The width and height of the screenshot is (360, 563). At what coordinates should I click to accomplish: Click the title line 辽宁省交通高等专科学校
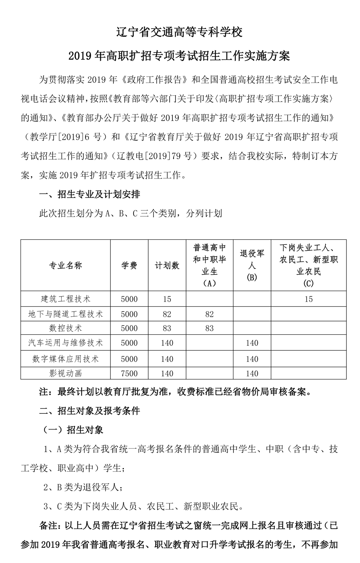[179, 32]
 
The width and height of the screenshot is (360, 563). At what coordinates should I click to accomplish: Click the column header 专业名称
[66, 266]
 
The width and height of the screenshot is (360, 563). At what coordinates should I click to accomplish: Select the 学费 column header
[129, 266]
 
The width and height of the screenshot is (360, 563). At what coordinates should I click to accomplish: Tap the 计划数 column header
[167, 266]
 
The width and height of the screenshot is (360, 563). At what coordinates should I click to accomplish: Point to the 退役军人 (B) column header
[252, 265]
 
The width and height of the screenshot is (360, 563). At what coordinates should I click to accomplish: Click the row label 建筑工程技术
[66, 299]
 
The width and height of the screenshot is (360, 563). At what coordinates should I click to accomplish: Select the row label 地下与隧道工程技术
[66, 314]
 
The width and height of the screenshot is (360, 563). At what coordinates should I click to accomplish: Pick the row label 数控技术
[66, 328]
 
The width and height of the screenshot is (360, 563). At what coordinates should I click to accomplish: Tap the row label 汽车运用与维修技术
[66, 343]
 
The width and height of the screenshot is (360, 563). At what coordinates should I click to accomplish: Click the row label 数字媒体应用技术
[66, 359]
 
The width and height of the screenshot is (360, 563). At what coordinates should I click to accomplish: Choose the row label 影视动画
[66, 374]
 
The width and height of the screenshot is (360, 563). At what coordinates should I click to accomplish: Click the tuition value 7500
[129, 374]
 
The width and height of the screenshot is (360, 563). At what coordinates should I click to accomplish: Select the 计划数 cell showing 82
[167, 314]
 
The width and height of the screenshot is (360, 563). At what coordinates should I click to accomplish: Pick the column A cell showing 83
[210, 328]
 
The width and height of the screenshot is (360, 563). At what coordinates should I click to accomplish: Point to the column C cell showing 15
[309, 299]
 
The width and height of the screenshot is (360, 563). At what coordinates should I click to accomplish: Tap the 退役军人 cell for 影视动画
[252, 374]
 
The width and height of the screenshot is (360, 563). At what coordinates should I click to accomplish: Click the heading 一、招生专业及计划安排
[90, 194]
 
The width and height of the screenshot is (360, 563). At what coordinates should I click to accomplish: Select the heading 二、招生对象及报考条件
[90, 411]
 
